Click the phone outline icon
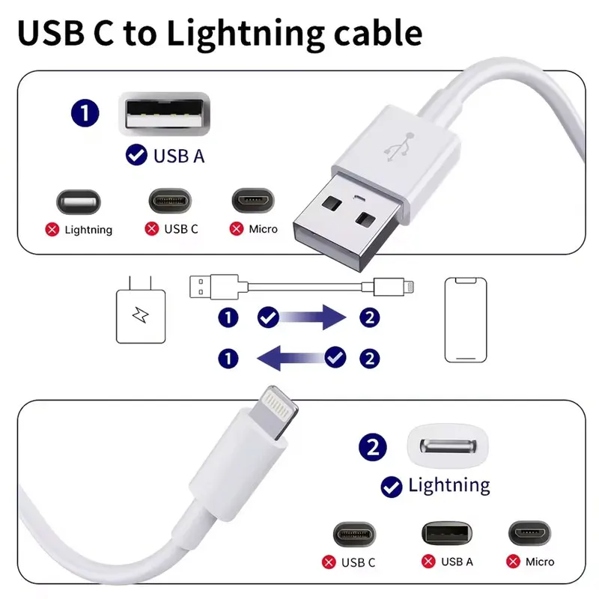coord(465,320)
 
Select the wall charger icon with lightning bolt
coord(139,315)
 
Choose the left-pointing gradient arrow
coord(292,359)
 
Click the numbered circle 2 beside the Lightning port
coord(373,449)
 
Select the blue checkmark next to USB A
coord(136,156)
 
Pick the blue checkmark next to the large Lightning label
coord(390,487)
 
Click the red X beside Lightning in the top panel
coord(52,230)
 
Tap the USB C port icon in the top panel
coord(171,201)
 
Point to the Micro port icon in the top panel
coord(252,201)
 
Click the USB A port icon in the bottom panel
coord(446,532)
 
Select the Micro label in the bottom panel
coord(540,562)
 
